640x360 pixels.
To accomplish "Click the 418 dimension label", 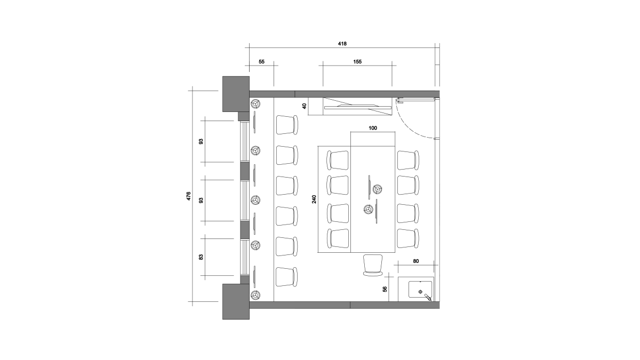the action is [342, 44].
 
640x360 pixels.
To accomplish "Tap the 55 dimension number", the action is [261, 62].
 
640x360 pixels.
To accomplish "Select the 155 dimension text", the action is [357, 62].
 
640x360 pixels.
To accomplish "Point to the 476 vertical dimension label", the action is [189, 196].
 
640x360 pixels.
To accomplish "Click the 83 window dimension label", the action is [201, 257].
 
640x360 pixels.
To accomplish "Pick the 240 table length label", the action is [314, 199].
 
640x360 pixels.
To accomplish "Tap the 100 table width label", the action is [373, 128].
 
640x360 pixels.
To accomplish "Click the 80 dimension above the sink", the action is [415, 261].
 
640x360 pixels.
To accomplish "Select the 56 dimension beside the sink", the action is [385, 289].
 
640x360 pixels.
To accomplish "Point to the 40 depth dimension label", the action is [305, 106].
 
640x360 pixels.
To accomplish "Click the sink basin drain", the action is [420, 292].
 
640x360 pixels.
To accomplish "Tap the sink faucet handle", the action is [428, 297].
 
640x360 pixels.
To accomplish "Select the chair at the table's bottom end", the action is [373, 265].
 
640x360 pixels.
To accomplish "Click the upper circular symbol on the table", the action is [378, 189].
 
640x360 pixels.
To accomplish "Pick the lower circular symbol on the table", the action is [369, 210].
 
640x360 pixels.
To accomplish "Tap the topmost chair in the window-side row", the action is [287, 125].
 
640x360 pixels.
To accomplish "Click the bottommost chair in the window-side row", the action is [287, 277].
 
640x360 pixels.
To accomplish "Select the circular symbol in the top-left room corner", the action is [255, 103].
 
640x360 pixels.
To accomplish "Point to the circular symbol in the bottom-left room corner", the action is [255, 295].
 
